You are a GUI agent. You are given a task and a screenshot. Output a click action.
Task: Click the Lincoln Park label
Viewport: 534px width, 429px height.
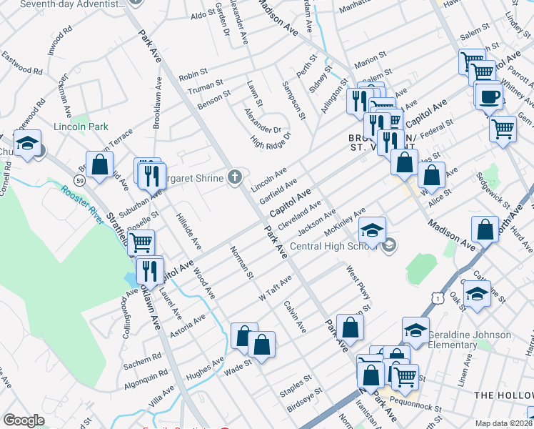[x=81, y=127]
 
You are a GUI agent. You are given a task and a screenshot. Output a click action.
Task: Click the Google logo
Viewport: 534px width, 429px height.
[x=24, y=420]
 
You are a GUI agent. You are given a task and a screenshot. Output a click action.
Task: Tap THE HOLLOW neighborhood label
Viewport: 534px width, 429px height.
[x=503, y=395]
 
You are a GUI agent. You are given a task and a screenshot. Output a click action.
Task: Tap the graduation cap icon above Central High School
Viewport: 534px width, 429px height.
[x=372, y=231]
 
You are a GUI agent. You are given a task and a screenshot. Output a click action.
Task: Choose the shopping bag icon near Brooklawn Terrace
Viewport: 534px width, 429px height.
[x=100, y=164]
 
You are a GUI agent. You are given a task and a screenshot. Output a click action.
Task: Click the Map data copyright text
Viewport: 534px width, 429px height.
[x=503, y=423]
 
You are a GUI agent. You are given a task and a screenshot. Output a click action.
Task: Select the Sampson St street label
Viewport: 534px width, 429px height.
[x=298, y=103]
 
